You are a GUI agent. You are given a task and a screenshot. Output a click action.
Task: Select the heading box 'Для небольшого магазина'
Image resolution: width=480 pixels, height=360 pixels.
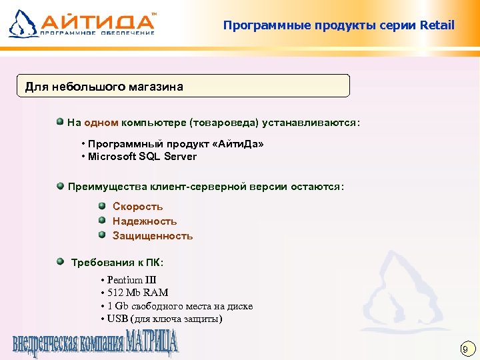coord(183,87)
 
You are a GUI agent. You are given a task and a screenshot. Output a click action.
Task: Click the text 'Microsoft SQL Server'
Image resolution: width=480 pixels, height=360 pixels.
coord(143,157)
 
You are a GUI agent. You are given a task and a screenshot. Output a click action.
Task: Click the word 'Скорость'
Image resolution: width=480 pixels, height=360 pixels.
coord(137,207)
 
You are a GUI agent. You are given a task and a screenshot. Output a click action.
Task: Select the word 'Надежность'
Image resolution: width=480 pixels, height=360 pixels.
coord(145,221)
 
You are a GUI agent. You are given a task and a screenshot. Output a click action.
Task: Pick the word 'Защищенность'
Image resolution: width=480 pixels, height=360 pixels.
coord(153,236)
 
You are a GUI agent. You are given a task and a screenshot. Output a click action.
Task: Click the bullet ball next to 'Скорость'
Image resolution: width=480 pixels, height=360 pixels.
coord(102,206)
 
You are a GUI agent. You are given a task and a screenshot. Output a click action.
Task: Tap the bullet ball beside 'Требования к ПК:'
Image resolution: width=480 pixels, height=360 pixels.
coord(60,262)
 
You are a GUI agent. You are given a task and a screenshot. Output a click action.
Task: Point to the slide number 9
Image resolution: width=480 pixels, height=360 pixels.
coord(466,349)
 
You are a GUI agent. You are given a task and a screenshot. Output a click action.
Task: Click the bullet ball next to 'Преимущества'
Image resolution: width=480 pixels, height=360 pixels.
coord(60,186)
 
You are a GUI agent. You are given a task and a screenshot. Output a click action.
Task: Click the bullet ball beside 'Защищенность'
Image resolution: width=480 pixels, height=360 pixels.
coord(102,235)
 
